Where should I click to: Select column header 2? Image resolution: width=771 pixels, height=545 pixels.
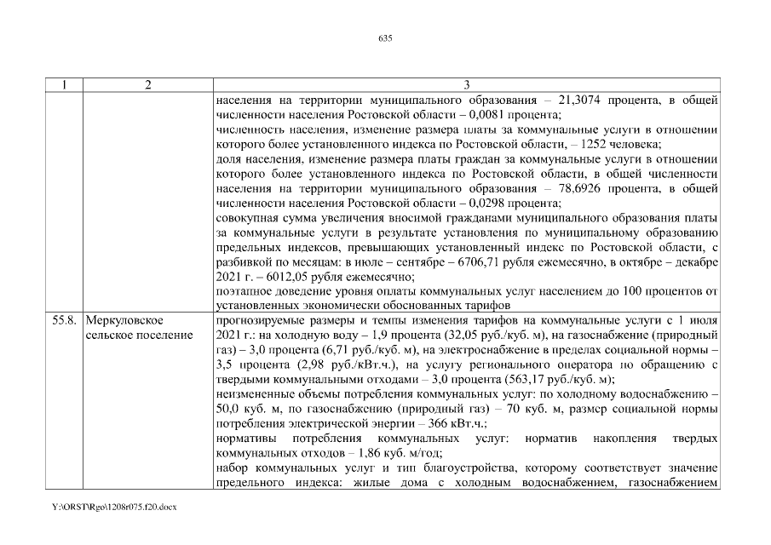click(148, 85)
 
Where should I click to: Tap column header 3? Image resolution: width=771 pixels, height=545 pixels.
click(466, 85)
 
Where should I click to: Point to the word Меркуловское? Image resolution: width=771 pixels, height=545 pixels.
click(124, 320)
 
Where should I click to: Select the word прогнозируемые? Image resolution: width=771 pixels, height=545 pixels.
click(261, 320)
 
